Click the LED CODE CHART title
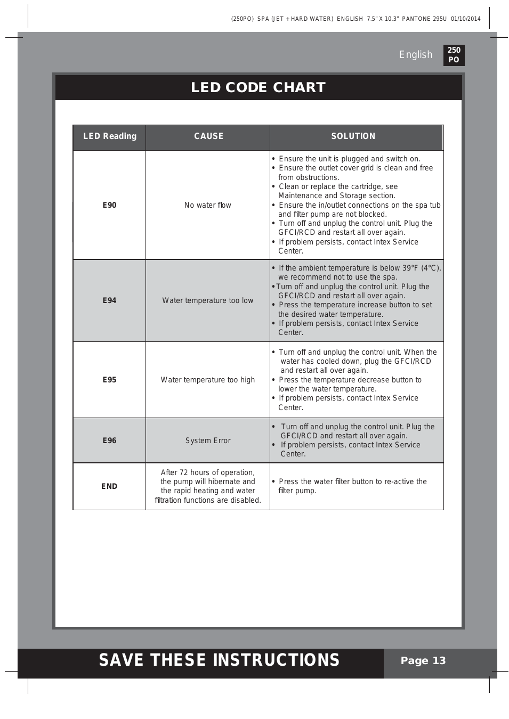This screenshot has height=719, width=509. coord(258,87)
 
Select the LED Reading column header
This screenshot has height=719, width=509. coord(110,136)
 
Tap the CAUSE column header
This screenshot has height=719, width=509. coord(208,136)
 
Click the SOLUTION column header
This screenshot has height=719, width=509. coord(353,136)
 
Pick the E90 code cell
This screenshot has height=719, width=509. coord(109,205)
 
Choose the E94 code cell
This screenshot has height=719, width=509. coord(109,300)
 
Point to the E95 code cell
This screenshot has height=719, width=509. coord(109,380)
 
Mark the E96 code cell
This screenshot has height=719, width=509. coord(109,440)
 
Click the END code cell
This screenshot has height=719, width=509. coord(109,486)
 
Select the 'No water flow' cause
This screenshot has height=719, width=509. coord(208,205)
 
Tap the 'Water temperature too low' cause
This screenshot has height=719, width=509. coord(208,300)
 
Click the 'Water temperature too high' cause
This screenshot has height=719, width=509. coord(208,380)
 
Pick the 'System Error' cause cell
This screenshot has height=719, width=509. coord(208,440)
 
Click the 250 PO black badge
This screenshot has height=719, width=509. coord(454,55)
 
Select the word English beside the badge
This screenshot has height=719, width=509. coord(416,55)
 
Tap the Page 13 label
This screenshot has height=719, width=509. coord(423,661)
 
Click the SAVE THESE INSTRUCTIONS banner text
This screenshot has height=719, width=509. coord(219,660)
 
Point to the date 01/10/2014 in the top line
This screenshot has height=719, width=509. coord(465,19)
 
